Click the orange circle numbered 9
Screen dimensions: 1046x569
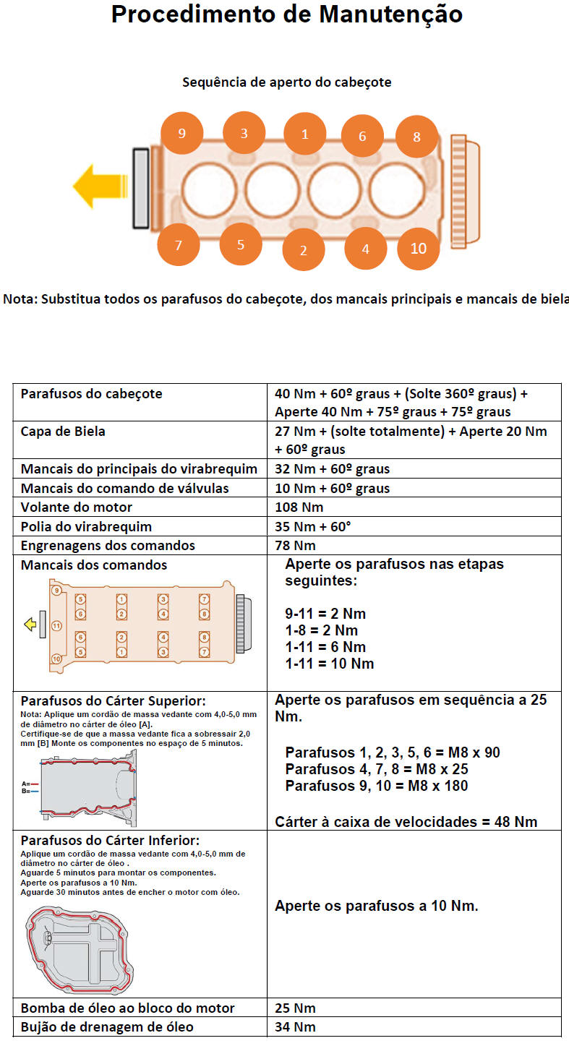click(181, 133)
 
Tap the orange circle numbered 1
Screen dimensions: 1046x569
click(304, 134)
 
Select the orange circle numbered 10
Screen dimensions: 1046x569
click(419, 248)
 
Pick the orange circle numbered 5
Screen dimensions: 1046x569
click(241, 244)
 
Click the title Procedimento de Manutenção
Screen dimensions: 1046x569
click(286, 14)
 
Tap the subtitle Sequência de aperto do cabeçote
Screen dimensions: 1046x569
click(286, 82)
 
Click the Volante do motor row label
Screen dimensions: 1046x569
click(77, 507)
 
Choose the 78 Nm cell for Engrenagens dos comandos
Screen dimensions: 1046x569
click(296, 545)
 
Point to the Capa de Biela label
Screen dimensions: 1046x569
click(64, 432)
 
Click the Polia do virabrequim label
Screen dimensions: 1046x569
click(87, 526)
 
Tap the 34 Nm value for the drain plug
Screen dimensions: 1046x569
click(295, 1026)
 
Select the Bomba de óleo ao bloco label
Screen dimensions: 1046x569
click(128, 1008)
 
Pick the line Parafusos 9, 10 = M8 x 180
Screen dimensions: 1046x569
click(376, 786)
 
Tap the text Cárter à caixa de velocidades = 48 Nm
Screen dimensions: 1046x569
click(406, 821)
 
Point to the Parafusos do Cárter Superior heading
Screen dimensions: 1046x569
click(113, 700)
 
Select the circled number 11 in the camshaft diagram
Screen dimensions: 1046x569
click(57, 625)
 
